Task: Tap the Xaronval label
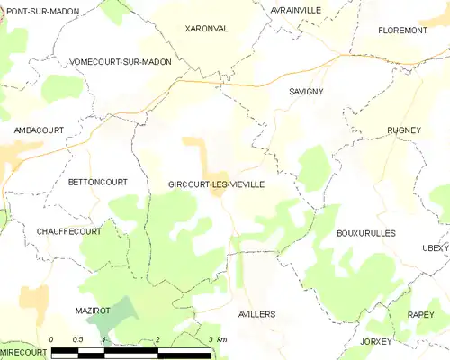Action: pyautogui.click(x=206, y=29)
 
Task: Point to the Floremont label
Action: pyautogui.click(x=402, y=30)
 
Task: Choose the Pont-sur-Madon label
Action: pyautogui.click(x=42, y=11)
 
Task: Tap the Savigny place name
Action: pyautogui.click(x=307, y=92)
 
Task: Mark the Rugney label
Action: pyautogui.click(x=404, y=130)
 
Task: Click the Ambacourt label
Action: pyautogui.click(x=39, y=130)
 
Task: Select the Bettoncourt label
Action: pyautogui.click(x=97, y=182)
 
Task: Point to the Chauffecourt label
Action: pyautogui.click(x=68, y=231)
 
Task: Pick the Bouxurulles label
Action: pyautogui.click(x=365, y=233)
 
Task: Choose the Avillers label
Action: pyautogui.click(x=256, y=314)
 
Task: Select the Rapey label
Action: pyautogui.click(x=420, y=314)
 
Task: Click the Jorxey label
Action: pyautogui.click(x=376, y=342)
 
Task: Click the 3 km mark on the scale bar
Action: pyautogui.click(x=211, y=339)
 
